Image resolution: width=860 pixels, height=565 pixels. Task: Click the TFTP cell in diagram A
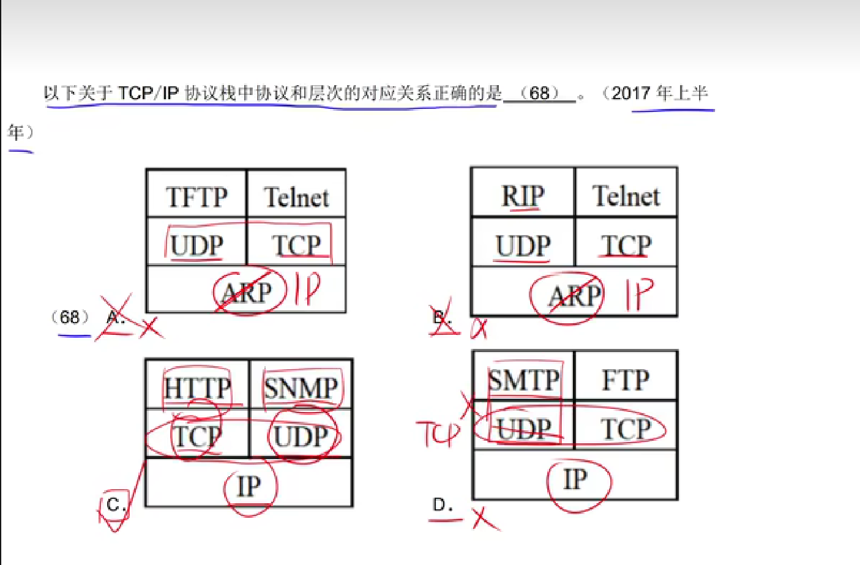pos(196,197)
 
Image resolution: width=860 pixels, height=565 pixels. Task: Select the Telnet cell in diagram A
pos(296,197)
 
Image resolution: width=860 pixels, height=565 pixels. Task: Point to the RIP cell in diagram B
pos(523,196)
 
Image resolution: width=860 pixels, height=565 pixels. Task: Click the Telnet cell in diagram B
pos(626,196)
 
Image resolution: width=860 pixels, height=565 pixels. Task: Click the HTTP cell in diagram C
pos(197,387)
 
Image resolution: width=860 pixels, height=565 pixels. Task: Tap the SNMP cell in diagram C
pos(301,387)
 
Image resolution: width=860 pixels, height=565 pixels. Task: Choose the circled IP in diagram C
pos(249,487)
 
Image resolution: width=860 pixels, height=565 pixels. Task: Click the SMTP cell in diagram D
pos(523,380)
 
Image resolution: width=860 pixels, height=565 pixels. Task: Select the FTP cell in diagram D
pos(625,380)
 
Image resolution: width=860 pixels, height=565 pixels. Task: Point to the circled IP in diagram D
pos(575,479)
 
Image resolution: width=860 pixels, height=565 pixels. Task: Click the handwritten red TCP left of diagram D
pos(437,433)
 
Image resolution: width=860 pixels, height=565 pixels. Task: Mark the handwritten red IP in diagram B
pos(638,294)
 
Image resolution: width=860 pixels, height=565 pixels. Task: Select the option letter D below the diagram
pos(442,505)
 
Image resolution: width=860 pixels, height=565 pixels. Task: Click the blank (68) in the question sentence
pos(539,93)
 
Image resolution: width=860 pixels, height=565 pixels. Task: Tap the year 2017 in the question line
pos(630,93)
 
